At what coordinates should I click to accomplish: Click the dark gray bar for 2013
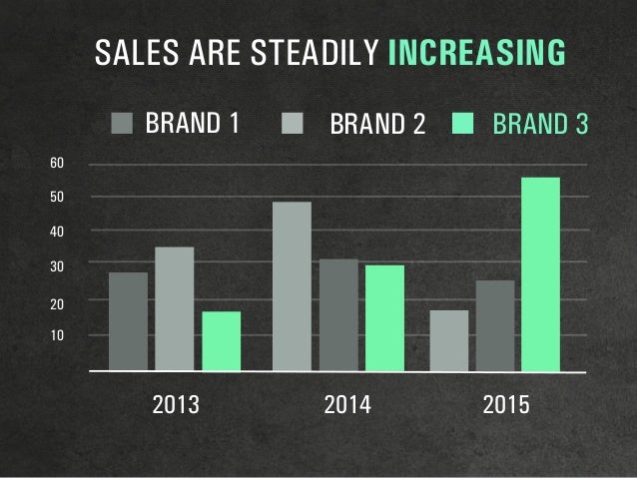coord(128,320)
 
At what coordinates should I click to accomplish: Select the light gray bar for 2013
coord(175,308)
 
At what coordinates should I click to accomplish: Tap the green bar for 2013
coord(222,340)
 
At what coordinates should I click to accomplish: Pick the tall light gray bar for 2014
coord(292,285)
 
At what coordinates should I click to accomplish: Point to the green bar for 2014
coord(384,317)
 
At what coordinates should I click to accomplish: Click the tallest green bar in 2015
coord(541,273)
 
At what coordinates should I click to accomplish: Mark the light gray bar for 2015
coord(448,340)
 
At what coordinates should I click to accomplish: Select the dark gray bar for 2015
coord(495,325)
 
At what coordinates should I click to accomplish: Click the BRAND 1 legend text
coord(193,125)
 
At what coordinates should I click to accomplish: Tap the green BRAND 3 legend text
coord(539,126)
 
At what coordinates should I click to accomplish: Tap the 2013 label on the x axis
coord(175,406)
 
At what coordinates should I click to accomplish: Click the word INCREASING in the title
coord(475,53)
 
